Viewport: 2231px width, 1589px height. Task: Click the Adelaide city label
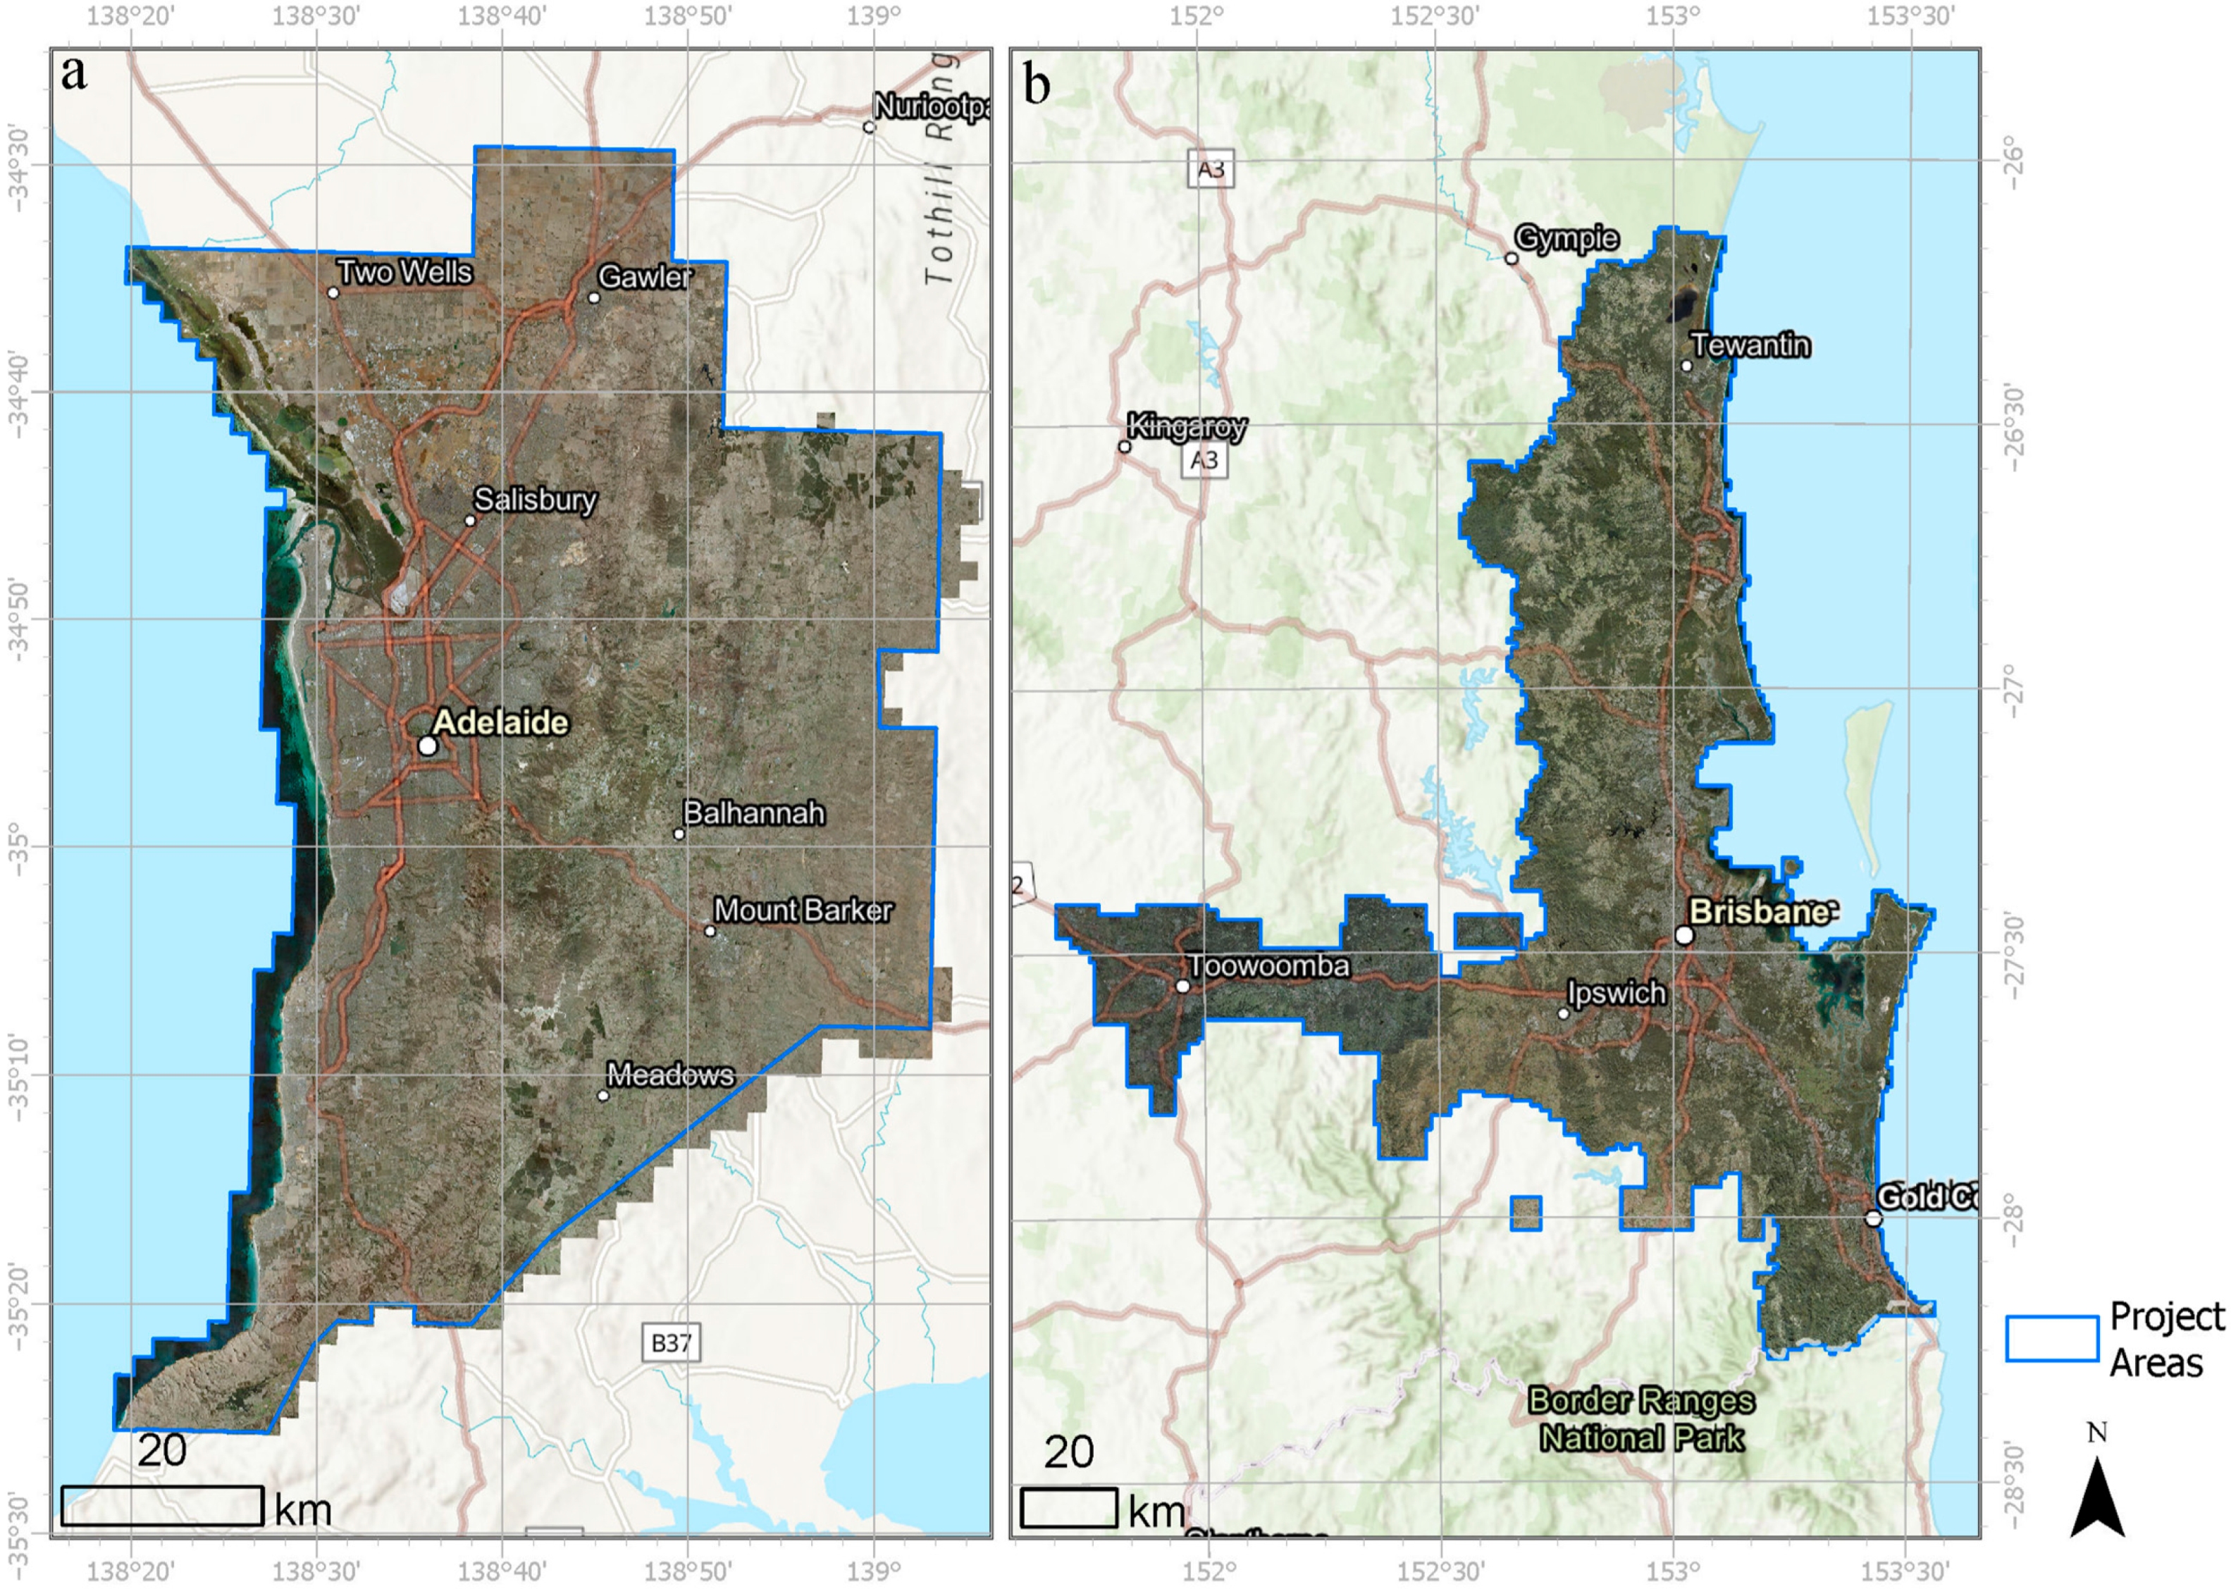[x=500, y=722]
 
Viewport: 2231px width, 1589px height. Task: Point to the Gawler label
[x=644, y=277]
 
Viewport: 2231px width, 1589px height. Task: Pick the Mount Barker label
[x=803, y=910]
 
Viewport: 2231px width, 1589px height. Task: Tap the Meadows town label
[x=670, y=1075]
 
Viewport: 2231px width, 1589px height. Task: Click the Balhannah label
[x=753, y=813]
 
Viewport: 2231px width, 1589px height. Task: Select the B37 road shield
[x=672, y=1342]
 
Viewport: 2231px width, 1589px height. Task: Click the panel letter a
[x=73, y=73]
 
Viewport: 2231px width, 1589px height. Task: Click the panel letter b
[x=1037, y=83]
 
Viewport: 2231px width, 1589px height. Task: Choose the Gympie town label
[x=1566, y=237]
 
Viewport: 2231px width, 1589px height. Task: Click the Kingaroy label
[x=1186, y=426]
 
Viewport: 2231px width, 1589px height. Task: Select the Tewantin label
[x=1750, y=345]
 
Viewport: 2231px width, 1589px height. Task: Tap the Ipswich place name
[x=1617, y=993]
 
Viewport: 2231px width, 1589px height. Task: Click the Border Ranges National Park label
[x=1641, y=1418]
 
